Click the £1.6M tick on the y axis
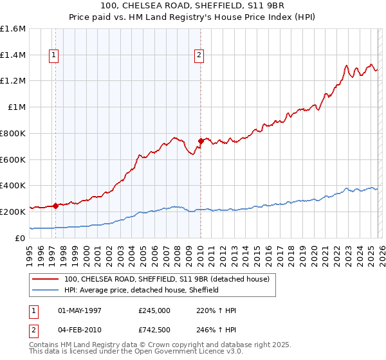click(x=13, y=29)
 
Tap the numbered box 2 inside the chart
click(x=200, y=56)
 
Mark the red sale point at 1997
click(x=56, y=206)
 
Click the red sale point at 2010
click(x=201, y=141)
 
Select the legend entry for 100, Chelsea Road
click(x=170, y=279)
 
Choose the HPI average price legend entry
click(x=142, y=290)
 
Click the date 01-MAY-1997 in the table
click(x=84, y=309)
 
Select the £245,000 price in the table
click(x=154, y=309)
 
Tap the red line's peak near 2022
click(x=347, y=66)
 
